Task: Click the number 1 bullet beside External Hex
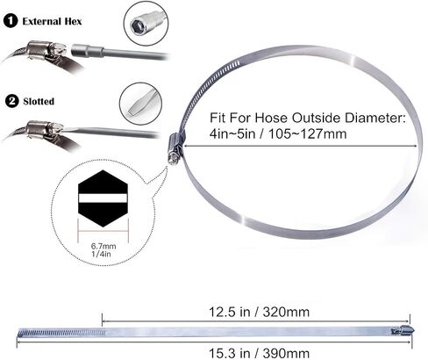pyautogui.click(x=11, y=21)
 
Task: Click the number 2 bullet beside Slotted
pyautogui.click(x=12, y=101)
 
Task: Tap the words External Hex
pyautogui.click(x=52, y=21)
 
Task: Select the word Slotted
pyautogui.click(x=39, y=101)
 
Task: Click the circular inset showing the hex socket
pyautogui.click(x=146, y=23)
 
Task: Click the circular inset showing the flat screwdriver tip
pyautogui.click(x=140, y=104)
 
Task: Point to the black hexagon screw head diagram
pyautogui.click(x=103, y=198)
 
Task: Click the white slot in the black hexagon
pyautogui.click(x=103, y=198)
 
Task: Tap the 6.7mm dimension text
pyautogui.click(x=103, y=246)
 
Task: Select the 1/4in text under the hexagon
pyautogui.click(x=101, y=254)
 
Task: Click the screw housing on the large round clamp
pyautogui.click(x=175, y=148)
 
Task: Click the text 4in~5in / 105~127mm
pyautogui.click(x=278, y=134)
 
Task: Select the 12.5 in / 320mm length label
pyautogui.click(x=259, y=312)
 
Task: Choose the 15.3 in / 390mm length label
pyautogui.click(x=259, y=353)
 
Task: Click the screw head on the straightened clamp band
pyautogui.click(x=403, y=331)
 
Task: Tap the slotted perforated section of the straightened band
pyautogui.click(x=61, y=333)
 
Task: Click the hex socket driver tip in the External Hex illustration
pyautogui.click(x=87, y=52)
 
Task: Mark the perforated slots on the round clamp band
pyautogui.click(x=204, y=87)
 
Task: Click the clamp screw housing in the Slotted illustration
pyautogui.click(x=39, y=130)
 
